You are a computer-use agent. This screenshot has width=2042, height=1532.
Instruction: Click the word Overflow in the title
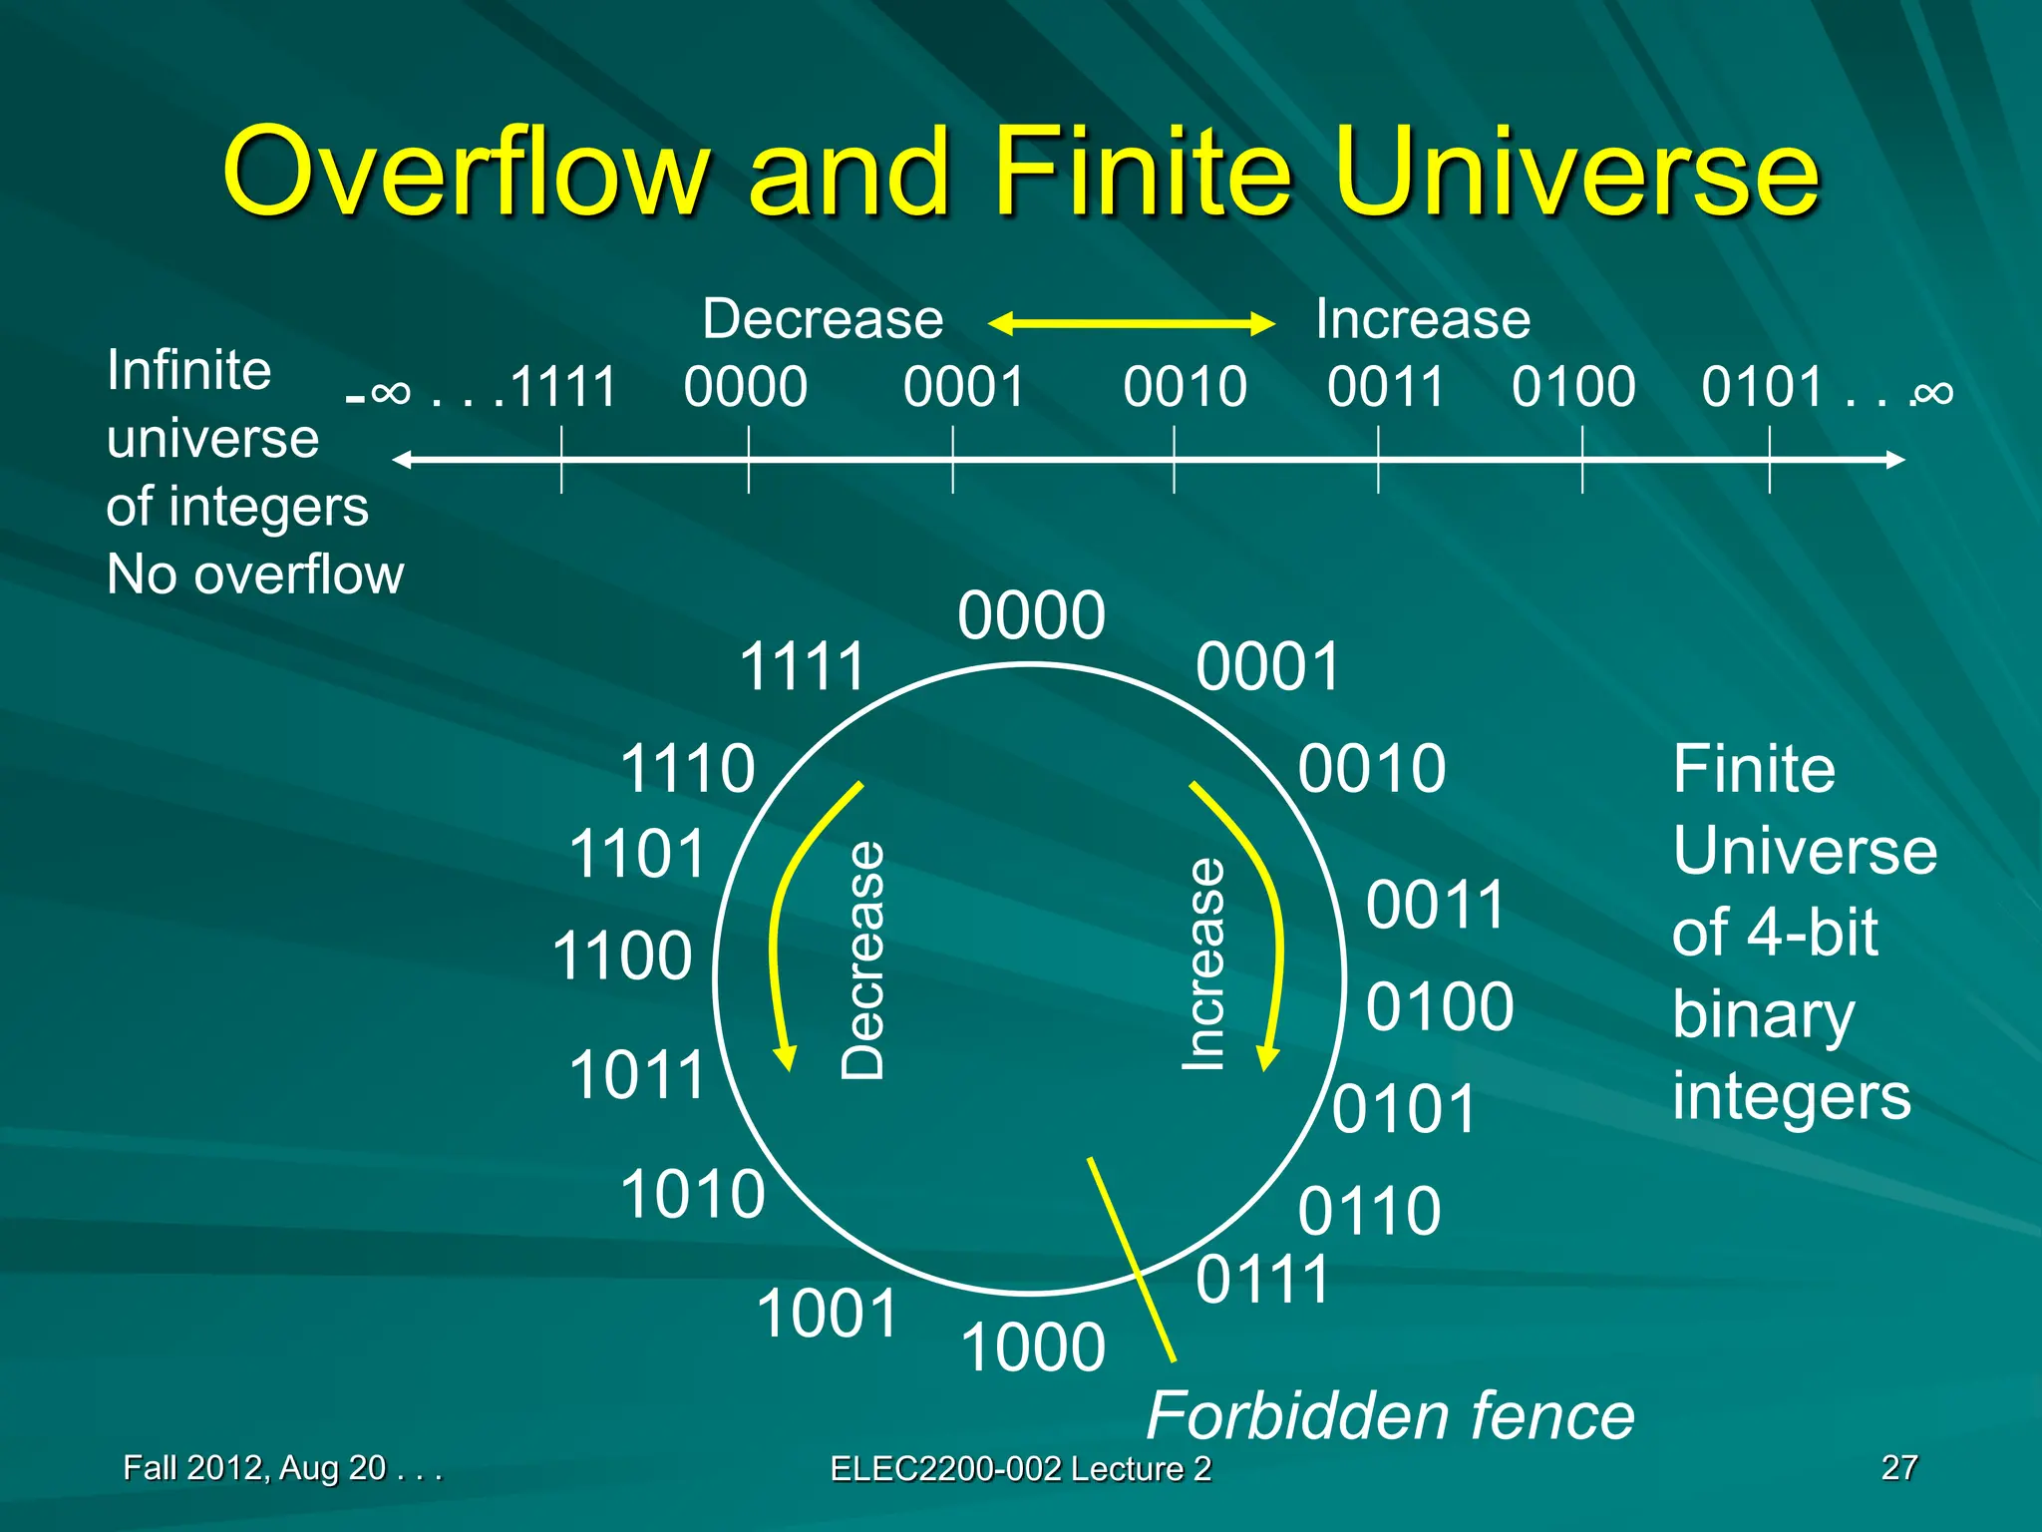pos(467,172)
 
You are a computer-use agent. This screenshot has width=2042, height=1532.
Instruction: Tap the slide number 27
pos(1898,1467)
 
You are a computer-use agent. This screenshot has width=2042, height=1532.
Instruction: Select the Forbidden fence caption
pos(1389,1415)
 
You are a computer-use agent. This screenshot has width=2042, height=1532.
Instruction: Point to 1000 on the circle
pos(1033,1346)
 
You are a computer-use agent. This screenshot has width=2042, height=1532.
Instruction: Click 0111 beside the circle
pos(1262,1280)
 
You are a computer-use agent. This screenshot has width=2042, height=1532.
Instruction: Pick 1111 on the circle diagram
pos(802,666)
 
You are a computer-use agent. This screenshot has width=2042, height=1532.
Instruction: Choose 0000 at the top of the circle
pos(1031,615)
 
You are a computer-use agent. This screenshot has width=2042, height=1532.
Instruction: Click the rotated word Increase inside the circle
pos(1203,964)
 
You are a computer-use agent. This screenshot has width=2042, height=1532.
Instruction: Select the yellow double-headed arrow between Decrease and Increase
pos(1131,323)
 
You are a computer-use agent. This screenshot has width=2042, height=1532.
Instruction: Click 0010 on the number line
pos(1185,387)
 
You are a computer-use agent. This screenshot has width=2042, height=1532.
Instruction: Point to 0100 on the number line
pos(1572,387)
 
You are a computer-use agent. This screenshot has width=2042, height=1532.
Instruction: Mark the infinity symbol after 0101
pos(1932,393)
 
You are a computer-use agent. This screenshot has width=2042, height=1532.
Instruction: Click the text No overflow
pos(255,574)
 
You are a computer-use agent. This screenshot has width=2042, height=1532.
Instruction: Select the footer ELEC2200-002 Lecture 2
pos(1020,1468)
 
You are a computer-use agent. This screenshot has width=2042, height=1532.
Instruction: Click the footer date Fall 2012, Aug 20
pos(255,1467)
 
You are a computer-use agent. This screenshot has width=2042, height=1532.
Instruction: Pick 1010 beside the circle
pos(692,1194)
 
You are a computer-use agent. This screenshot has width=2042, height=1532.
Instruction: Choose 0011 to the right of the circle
pos(1435,905)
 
